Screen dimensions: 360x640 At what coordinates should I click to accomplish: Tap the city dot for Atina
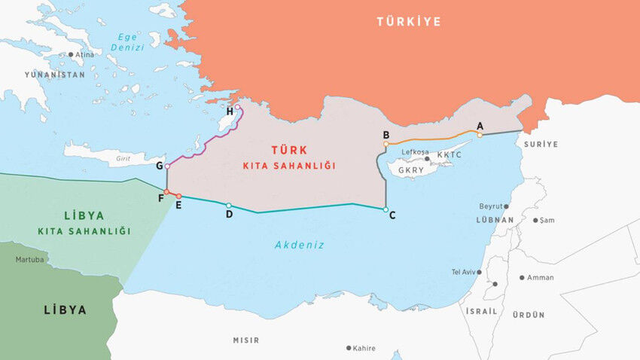(71, 54)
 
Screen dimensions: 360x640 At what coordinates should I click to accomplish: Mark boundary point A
(480, 135)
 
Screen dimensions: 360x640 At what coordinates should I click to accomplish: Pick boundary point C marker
(386, 209)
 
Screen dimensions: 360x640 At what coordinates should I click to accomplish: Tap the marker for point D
(229, 205)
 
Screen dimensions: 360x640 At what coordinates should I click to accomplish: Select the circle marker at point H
(238, 107)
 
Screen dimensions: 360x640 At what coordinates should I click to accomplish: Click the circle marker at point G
(167, 166)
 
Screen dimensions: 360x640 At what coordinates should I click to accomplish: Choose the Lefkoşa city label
(416, 152)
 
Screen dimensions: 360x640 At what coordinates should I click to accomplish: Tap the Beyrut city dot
(506, 206)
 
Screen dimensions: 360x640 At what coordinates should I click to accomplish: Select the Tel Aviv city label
(464, 272)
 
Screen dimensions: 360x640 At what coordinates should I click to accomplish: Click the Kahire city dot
(348, 348)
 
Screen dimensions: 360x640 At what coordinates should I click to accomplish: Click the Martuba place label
(30, 260)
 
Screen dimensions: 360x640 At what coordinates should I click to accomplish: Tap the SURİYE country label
(542, 144)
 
